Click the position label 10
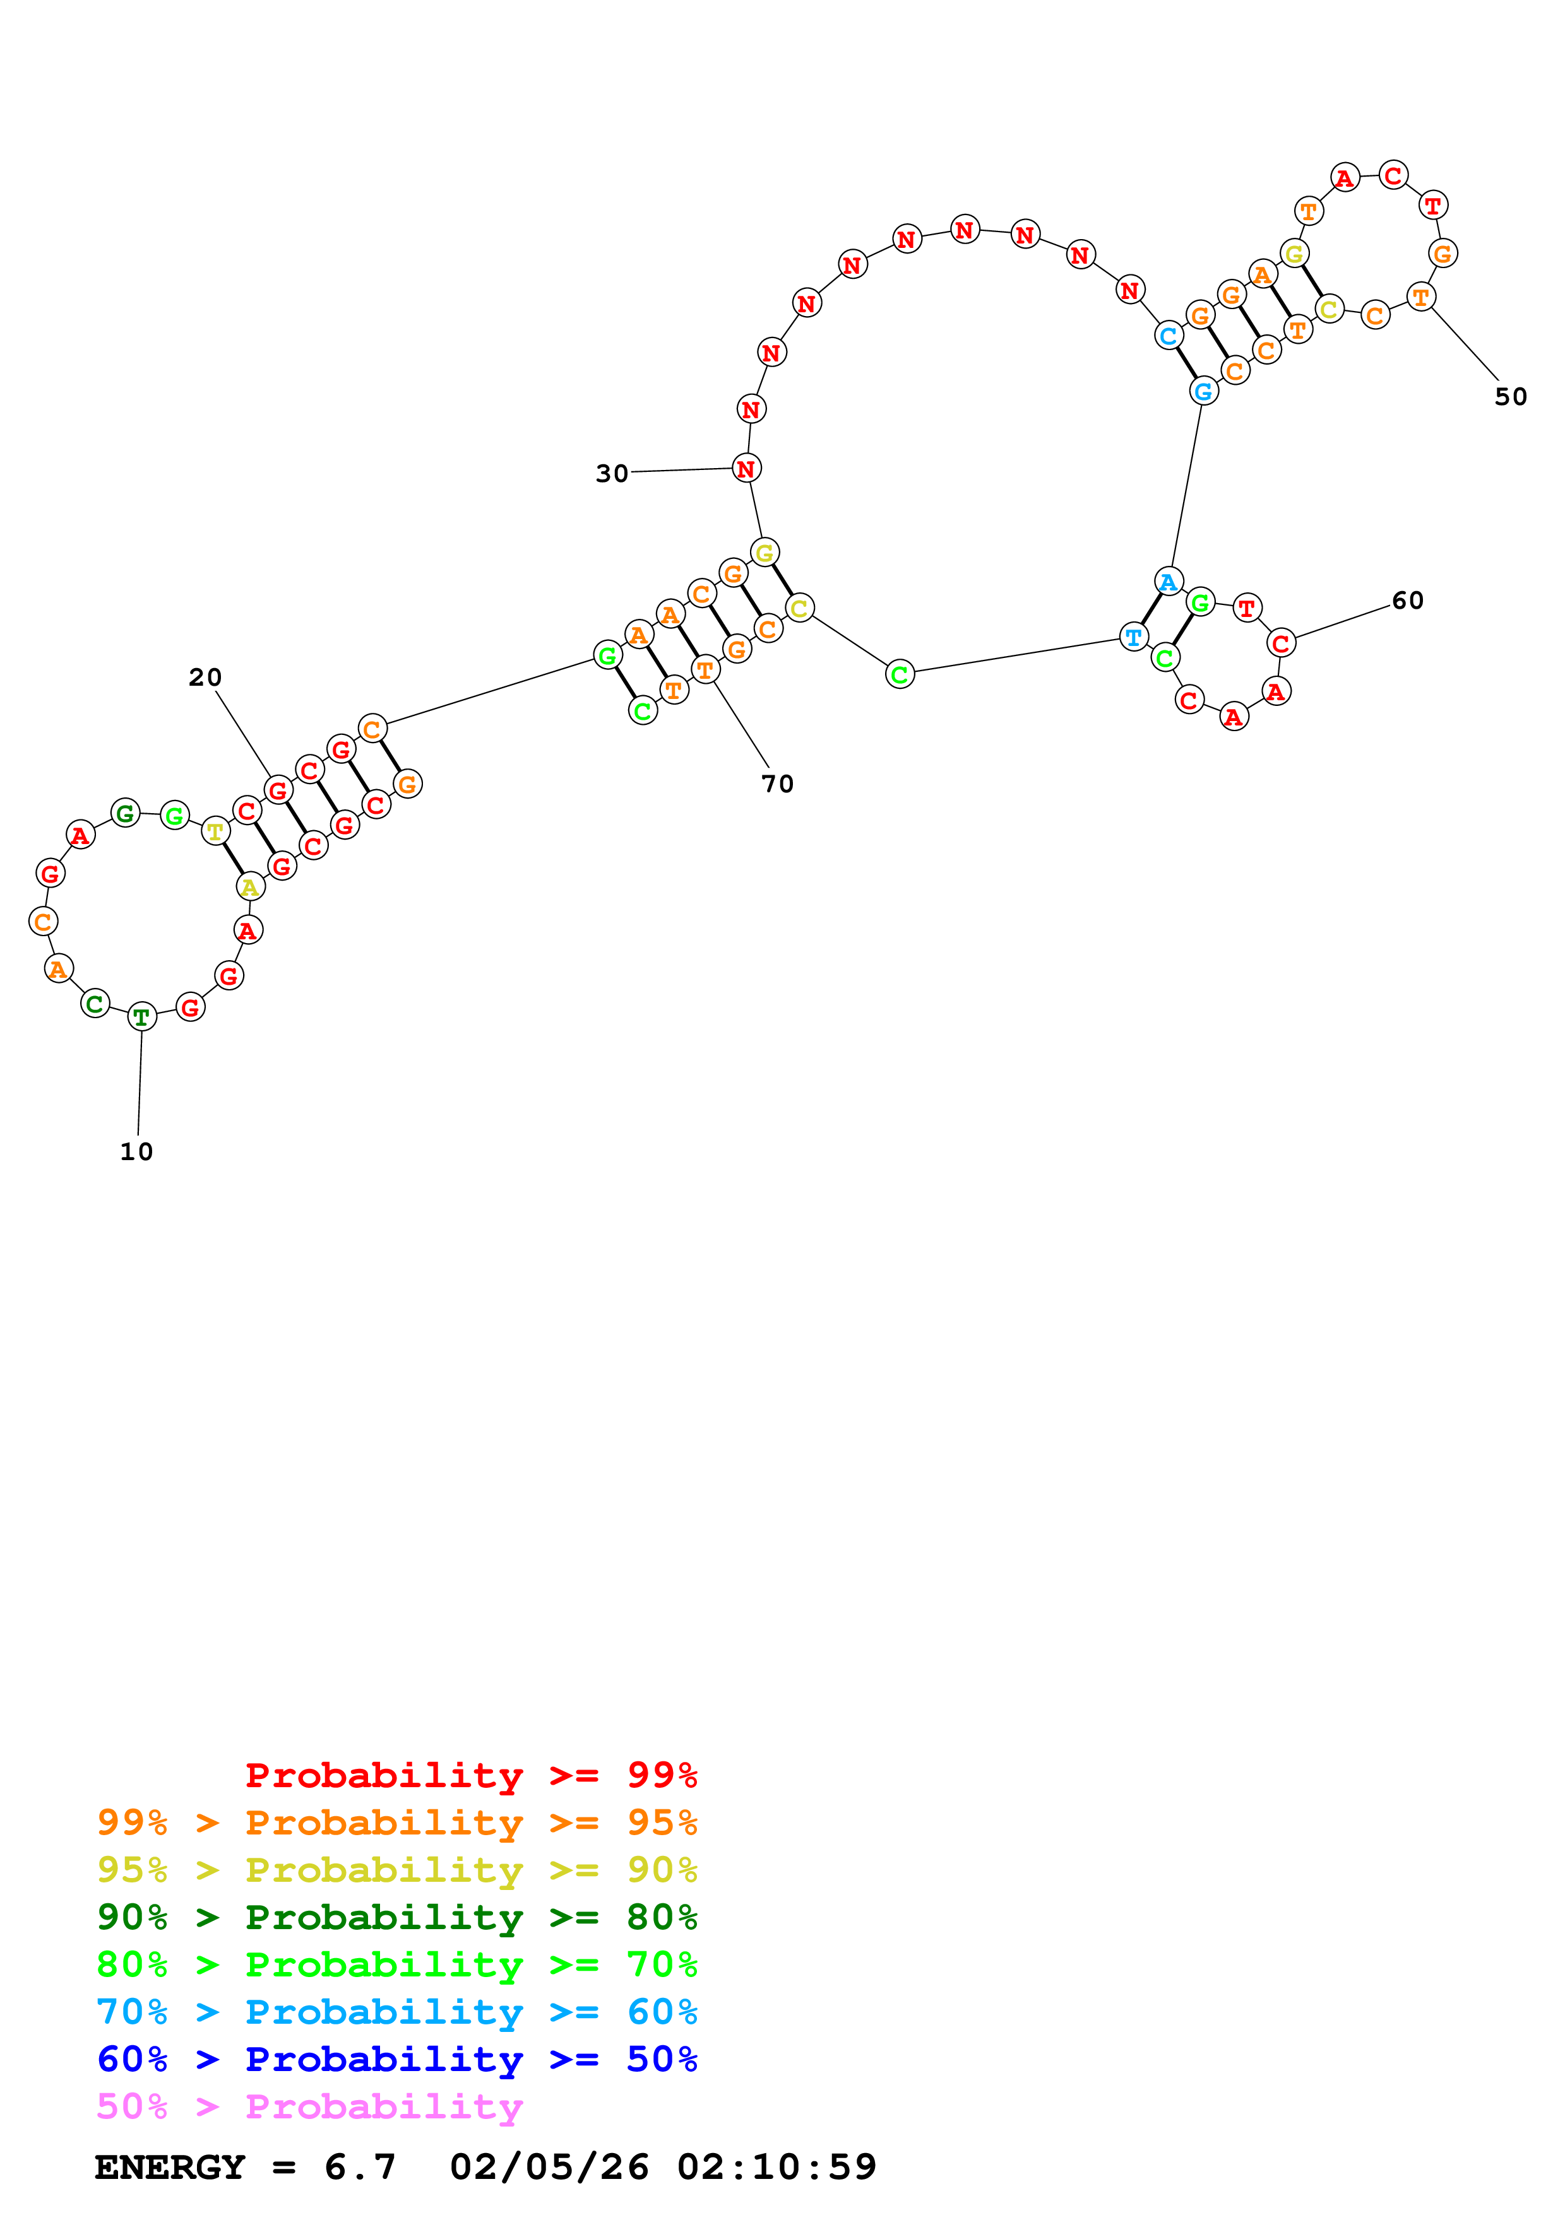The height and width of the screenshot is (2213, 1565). point(136,1152)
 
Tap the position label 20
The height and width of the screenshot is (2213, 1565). point(205,678)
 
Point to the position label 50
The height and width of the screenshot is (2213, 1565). point(1510,396)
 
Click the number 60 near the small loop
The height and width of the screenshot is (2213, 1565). point(1407,601)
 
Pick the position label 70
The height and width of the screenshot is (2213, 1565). point(777,784)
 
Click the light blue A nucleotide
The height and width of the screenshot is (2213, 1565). point(1169,581)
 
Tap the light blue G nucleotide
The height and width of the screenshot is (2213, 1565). point(1203,391)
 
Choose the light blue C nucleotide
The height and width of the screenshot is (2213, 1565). point(1169,336)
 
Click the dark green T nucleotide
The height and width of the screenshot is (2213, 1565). point(142,1016)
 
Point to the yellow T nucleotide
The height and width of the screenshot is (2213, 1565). point(215,830)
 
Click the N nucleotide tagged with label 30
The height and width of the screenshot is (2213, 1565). point(746,469)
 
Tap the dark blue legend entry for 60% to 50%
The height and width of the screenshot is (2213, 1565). point(396,2060)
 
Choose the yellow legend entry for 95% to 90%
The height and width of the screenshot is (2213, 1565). point(396,1870)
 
